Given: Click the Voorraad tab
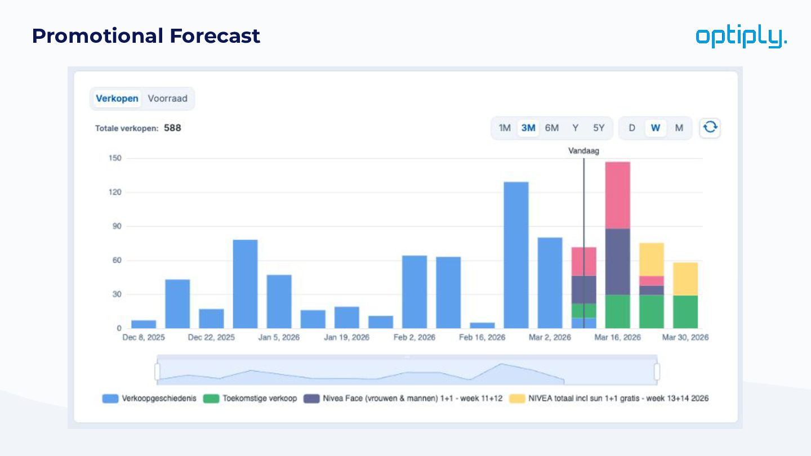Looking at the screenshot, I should pos(167,99).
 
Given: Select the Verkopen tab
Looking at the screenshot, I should pos(117,99).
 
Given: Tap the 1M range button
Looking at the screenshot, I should pos(505,128).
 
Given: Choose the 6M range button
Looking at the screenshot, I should pos(552,128).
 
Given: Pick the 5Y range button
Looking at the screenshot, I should pos(599,128).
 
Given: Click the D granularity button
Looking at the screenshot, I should pos(632,128).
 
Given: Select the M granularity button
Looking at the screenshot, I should pos(679,128).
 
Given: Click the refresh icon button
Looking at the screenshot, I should pos(710,128).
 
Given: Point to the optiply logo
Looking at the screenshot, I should pos(741,37).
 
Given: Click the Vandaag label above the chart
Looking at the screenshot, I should pos(583,151).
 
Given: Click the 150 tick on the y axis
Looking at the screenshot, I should pos(115,158).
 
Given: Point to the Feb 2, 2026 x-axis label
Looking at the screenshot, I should pos(415,338).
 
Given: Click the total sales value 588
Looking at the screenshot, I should pos(172,128).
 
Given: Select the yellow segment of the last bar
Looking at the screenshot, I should pos(685,279).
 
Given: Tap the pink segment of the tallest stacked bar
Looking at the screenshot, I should pos(618,195).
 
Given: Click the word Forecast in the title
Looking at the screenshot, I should pos(215,36).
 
